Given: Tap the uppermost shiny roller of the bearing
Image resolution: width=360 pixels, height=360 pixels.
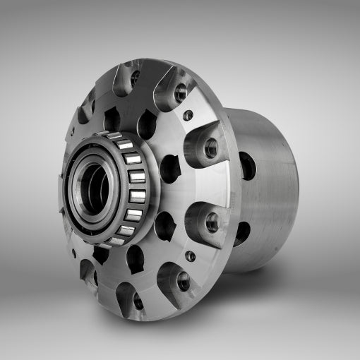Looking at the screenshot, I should (x=124, y=145).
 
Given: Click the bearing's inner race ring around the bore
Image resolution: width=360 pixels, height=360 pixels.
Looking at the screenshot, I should (x=83, y=189).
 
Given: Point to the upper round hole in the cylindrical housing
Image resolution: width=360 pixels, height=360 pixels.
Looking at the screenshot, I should (x=248, y=165).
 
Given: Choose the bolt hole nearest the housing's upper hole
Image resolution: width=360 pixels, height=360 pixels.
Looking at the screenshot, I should (x=210, y=148).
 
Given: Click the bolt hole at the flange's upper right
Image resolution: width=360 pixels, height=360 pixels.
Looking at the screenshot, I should (x=181, y=92).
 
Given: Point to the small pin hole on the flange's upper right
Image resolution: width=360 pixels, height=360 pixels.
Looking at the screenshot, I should (x=188, y=115).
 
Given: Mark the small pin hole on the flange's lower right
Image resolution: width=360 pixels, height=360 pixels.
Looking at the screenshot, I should (x=190, y=256).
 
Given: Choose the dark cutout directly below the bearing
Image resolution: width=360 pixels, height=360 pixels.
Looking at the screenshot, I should (x=135, y=260).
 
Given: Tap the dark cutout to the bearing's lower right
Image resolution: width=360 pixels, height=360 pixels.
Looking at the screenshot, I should (x=164, y=224).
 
